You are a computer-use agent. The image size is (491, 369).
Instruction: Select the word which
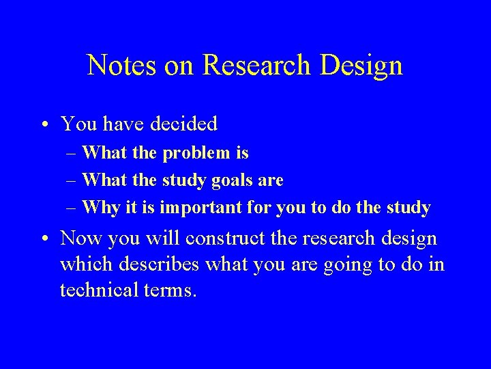click(x=81, y=264)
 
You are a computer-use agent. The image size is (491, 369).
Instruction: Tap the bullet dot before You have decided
click(x=44, y=124)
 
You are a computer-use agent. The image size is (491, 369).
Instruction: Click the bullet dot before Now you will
click(x=44, y=238)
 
